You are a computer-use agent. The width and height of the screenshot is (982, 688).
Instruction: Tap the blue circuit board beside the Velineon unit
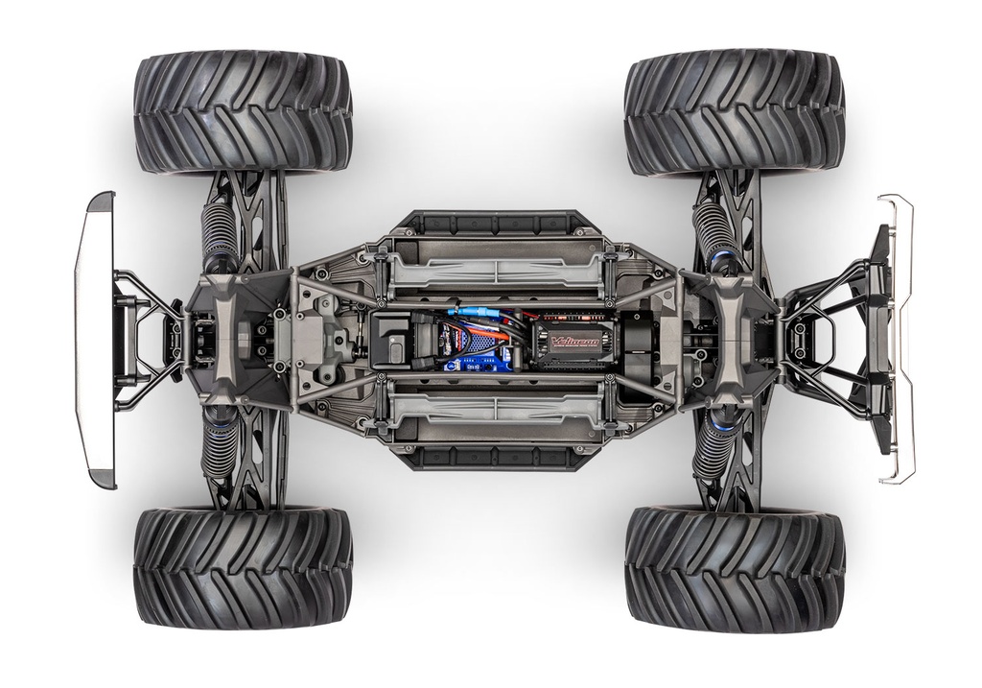473,346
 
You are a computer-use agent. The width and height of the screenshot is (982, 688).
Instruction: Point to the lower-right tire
735,568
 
